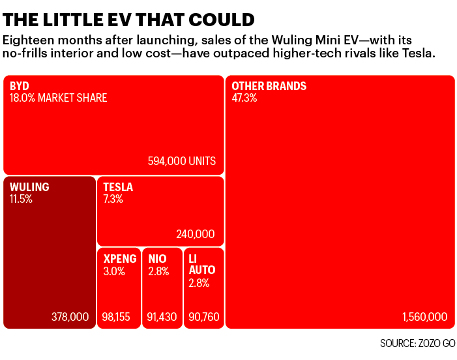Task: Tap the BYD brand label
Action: pos(20,86)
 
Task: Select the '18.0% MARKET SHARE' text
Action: pos(58,98)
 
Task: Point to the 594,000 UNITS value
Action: pos(182,161)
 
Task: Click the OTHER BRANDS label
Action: pos(269,86)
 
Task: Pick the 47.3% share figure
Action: pos(244,98)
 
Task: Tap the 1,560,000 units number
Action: pos(424,317)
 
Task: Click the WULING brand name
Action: pos(29,187)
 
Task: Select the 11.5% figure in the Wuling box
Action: pos(21,198)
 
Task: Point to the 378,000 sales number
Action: pos(70,317)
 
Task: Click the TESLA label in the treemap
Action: pos(118,187)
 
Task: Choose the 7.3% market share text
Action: pos(113,198)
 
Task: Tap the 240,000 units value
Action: pos(196,234)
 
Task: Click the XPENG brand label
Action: pos(120,259)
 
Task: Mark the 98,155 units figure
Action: pos(116,317)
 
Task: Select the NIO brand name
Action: pos(157,259)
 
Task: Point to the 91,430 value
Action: pos(162,317)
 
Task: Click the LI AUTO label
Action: pos(201,264)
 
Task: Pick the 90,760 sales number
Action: pos(204,317)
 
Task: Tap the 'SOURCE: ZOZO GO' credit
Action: pos(417,343)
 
